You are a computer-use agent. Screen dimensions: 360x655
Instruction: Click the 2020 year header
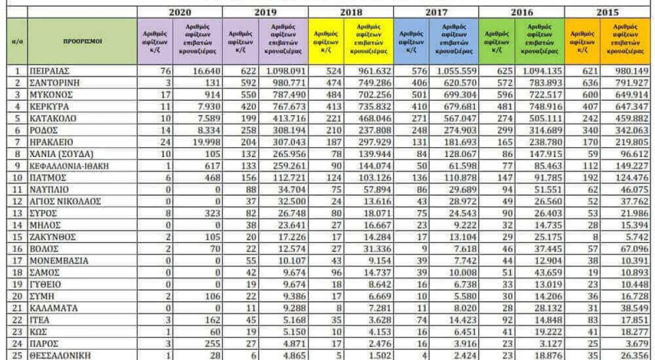click(x=180, y=11)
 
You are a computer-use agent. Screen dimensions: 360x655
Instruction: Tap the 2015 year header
click(x=609, y=11)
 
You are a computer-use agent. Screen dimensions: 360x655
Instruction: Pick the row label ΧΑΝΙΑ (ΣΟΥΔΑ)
click(x=61, y=154)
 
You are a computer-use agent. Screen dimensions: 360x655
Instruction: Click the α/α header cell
click(x=17, y=41)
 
